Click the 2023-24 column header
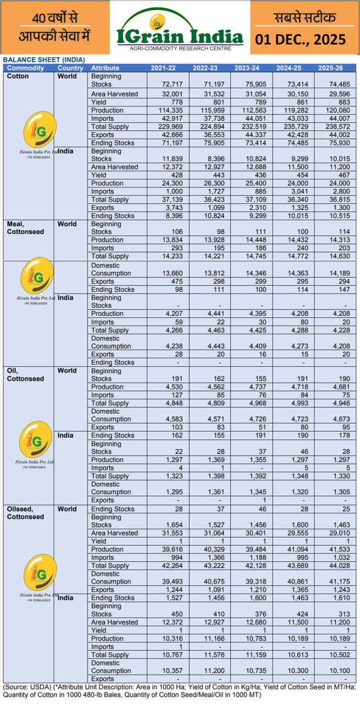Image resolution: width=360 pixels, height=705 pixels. tap(253, 68)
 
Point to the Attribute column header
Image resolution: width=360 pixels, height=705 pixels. tap(105, 68)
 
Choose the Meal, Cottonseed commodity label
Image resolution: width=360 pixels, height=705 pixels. tap(25, 228)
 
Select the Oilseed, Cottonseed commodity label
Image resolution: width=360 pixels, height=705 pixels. tap(25, 513)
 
